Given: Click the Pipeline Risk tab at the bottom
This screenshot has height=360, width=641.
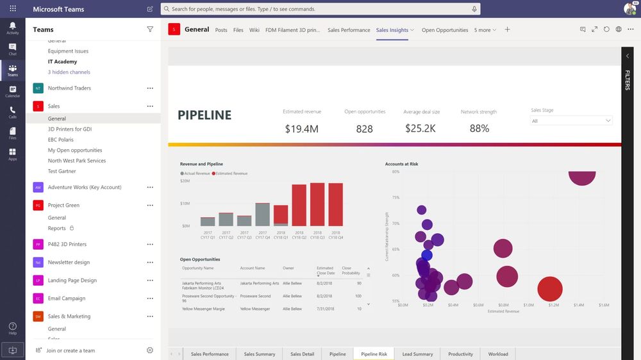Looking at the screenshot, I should (x=374, y=354).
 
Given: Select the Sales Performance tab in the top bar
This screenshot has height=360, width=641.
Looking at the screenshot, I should (x=349, y=30).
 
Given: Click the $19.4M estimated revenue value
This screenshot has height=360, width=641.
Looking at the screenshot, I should (x=301, y=129).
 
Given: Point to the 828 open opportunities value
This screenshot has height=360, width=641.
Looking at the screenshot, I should (x=364, y=129).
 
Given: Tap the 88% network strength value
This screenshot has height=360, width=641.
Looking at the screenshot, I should (x=479, y=129).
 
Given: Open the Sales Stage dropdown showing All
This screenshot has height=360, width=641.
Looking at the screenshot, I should (x=571, y=120).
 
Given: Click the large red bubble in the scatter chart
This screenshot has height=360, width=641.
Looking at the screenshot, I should (x=549, y=289).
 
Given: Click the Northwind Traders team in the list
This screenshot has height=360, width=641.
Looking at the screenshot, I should (x=69, y=88).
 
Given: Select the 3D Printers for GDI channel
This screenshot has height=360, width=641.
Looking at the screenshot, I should (x=69, y=129).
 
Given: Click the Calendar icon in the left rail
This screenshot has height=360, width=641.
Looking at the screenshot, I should (x=12, y=92).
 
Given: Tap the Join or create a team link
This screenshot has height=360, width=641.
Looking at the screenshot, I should (x=70, y=350).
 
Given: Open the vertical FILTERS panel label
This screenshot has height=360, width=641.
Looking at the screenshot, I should (x=628, y=80).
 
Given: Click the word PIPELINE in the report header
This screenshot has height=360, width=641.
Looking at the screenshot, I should (x=204, y=115).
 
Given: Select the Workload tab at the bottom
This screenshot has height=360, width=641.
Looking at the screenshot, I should (x=497, y=354).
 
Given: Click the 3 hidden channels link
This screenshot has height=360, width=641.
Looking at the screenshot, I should (x=69, y=72).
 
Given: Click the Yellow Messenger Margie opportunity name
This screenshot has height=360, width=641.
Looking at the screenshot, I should (x=203, y=309).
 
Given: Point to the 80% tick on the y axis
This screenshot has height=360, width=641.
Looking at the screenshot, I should (x=395, y=172).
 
